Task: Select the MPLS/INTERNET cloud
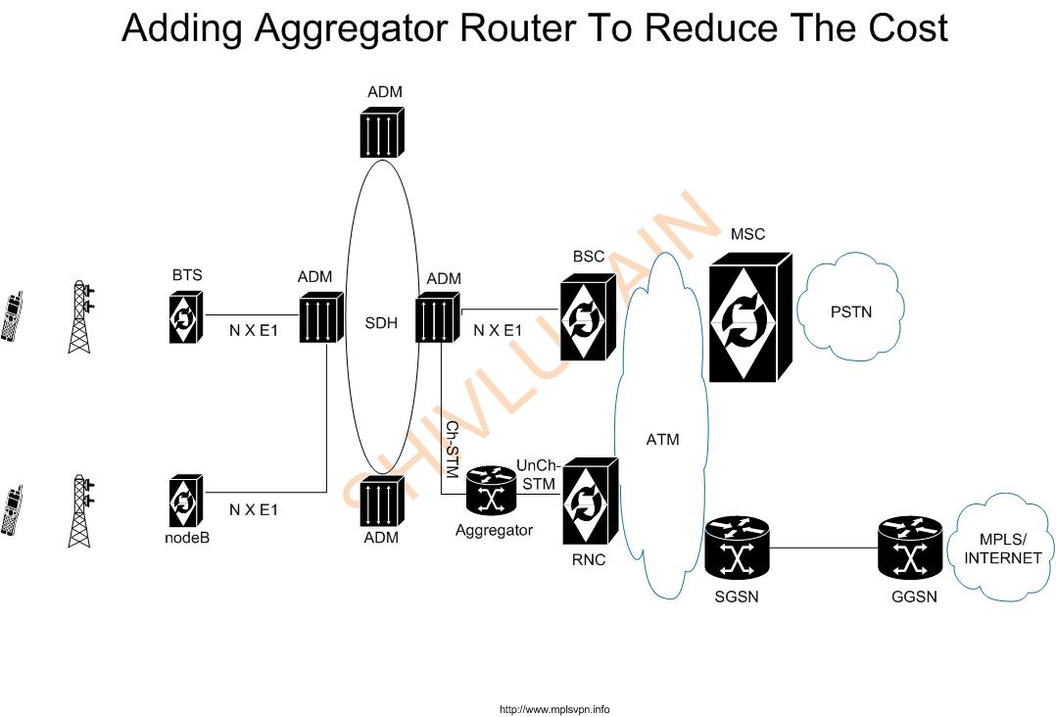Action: click(1003, 549)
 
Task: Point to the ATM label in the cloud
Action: click(663, 440)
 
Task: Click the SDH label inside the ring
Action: click(381, 323)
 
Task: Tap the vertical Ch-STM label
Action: click(453, 450)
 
